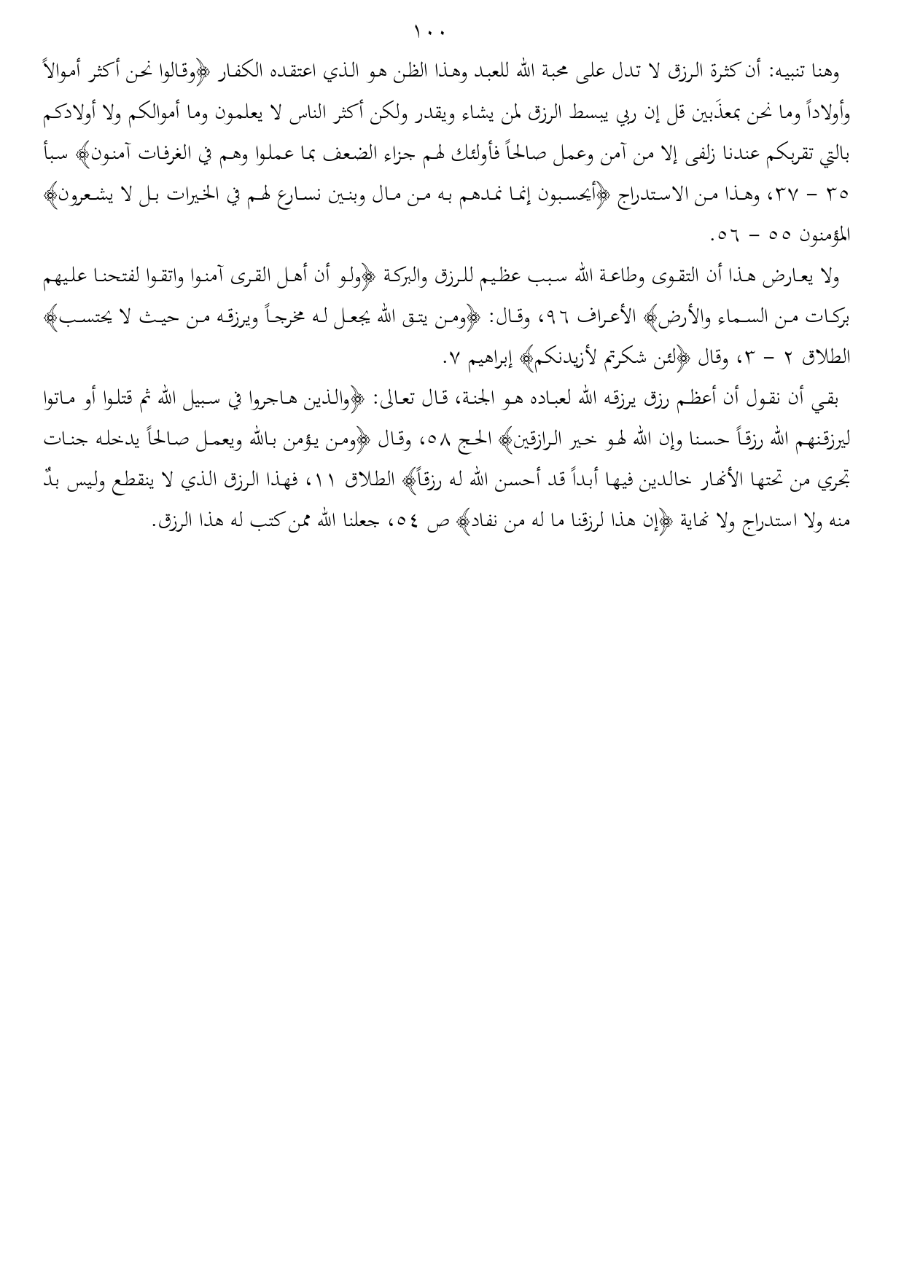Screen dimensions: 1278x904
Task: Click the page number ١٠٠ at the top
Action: point(429,32)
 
